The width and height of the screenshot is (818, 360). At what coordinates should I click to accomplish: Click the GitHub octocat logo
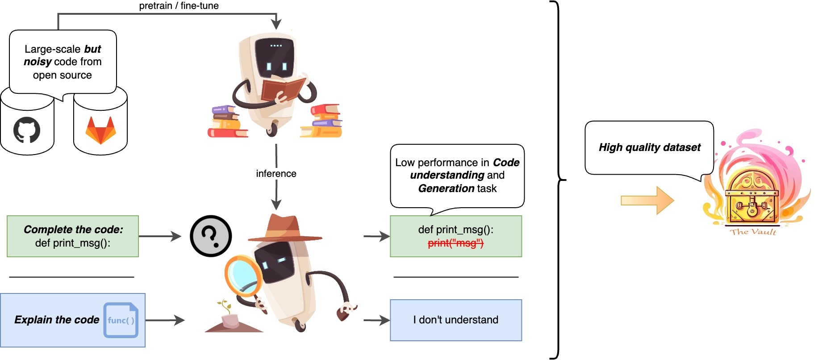(27, 130)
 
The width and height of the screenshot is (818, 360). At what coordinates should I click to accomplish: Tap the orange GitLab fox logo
(100, 130)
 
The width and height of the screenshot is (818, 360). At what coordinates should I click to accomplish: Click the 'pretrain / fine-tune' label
(179, 6)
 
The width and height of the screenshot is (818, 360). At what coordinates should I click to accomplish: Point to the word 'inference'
(276, 174)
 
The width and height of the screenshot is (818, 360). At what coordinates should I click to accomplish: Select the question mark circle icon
(211, 236)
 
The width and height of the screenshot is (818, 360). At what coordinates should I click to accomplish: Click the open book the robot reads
(283, 89)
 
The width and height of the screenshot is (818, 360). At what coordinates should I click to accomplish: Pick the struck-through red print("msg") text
(455, 243)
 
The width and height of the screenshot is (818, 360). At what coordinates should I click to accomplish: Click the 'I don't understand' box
(455, 320)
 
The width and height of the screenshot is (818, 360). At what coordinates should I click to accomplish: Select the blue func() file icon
(121, 320)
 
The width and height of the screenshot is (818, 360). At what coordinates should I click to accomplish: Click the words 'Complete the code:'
(73, 230)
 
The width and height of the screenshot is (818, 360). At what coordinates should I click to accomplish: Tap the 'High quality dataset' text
(649, 147)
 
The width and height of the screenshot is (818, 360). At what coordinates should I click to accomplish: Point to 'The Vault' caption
(753, 232)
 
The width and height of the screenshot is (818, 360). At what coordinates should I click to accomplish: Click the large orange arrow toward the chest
(647, 200)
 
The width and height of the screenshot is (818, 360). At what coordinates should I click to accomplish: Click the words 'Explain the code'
(57, 320)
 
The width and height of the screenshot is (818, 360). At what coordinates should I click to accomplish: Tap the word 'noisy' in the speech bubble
(38, 62)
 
